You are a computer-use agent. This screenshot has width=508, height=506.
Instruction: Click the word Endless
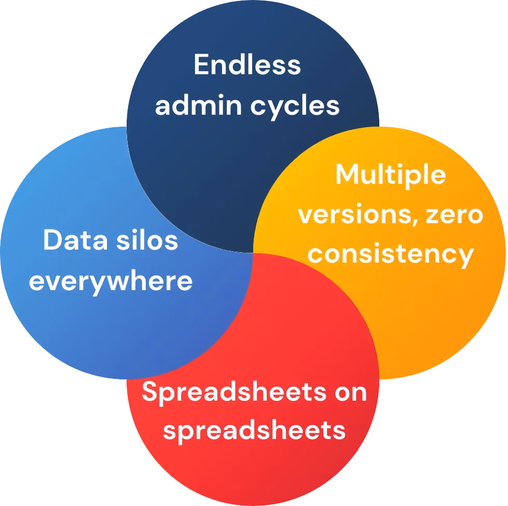click(x=247, y=65)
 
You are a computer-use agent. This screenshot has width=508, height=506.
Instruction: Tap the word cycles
click(x=295, y=106)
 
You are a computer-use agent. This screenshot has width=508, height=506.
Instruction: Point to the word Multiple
click(x=390, y=175)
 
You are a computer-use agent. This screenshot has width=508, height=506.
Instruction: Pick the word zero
click(x=455, y=214)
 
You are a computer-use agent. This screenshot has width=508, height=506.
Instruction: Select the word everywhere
click(x=111, y=281)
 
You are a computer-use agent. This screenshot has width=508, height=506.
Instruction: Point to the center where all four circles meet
click(x=253, y=253)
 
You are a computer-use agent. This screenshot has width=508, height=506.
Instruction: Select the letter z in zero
click(x=433, y=215)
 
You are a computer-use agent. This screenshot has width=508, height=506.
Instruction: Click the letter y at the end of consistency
click(x=466, y=257)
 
